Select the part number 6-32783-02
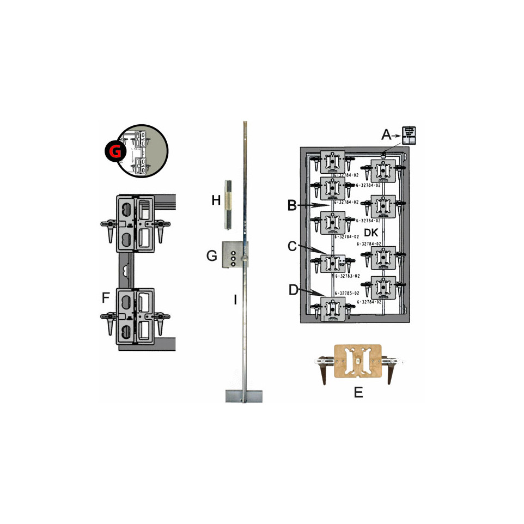click(348, 276)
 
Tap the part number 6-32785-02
click(348, 293)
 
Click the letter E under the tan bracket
click(358, 392)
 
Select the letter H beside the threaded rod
click(216, 200)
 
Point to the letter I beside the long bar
click(235, 299)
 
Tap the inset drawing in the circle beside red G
click(144, 151)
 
